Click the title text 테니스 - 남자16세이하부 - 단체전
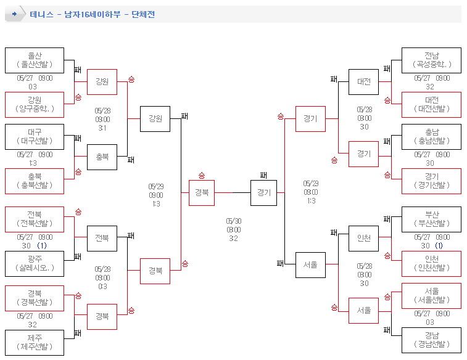(93, 14)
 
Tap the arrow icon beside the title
(14, 14)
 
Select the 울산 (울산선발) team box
(35, 60)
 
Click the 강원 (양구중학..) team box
(35, 105)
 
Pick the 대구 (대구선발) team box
(35, 137)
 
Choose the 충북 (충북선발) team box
(35, 181)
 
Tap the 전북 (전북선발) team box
(35, 219)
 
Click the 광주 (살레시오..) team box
(35, 263)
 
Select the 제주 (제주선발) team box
(35, 342)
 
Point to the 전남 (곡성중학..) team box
(431, 60)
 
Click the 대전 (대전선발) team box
(431, 105)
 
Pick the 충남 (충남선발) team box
(431, 137)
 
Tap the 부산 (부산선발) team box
(431, 219)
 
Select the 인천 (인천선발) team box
(431, 263)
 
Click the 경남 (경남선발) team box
(431, 342)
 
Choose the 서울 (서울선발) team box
(431, 296)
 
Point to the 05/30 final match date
(234, 221)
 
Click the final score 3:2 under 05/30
(234, 239)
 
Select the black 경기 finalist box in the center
(263, 192)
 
